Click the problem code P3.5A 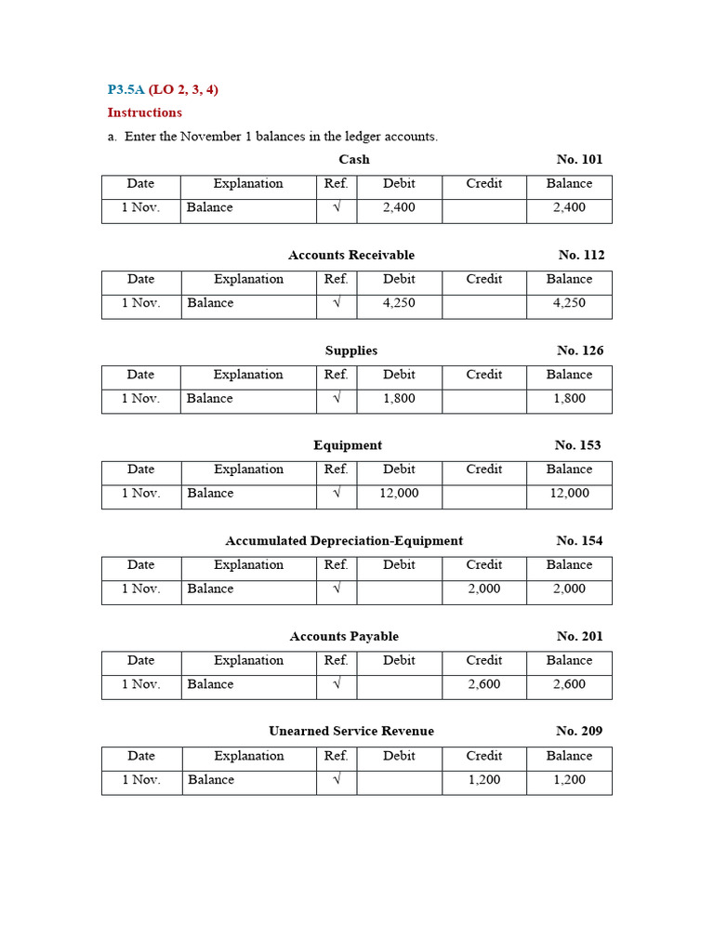(126, 90)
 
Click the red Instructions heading (145, 112)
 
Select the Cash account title (354, 159)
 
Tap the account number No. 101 (579, 159)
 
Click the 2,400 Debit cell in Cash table (399, 207)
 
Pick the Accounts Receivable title (351, 255)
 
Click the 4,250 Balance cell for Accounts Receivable (569, 303)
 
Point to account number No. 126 (580, 350)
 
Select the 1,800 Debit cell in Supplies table (399, 398)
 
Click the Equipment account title (348, 445)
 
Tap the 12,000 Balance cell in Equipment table (569, 493)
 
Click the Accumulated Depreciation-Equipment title (344, 541)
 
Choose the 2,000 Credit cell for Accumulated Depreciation (483, 588)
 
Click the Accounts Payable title (344, 637)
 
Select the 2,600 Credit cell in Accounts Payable (483, 684)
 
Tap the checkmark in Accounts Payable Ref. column (337, 684)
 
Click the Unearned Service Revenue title (351, 731)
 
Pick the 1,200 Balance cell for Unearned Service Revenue (569, 780)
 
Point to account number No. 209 (579, 731)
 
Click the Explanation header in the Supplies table (248, 375)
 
